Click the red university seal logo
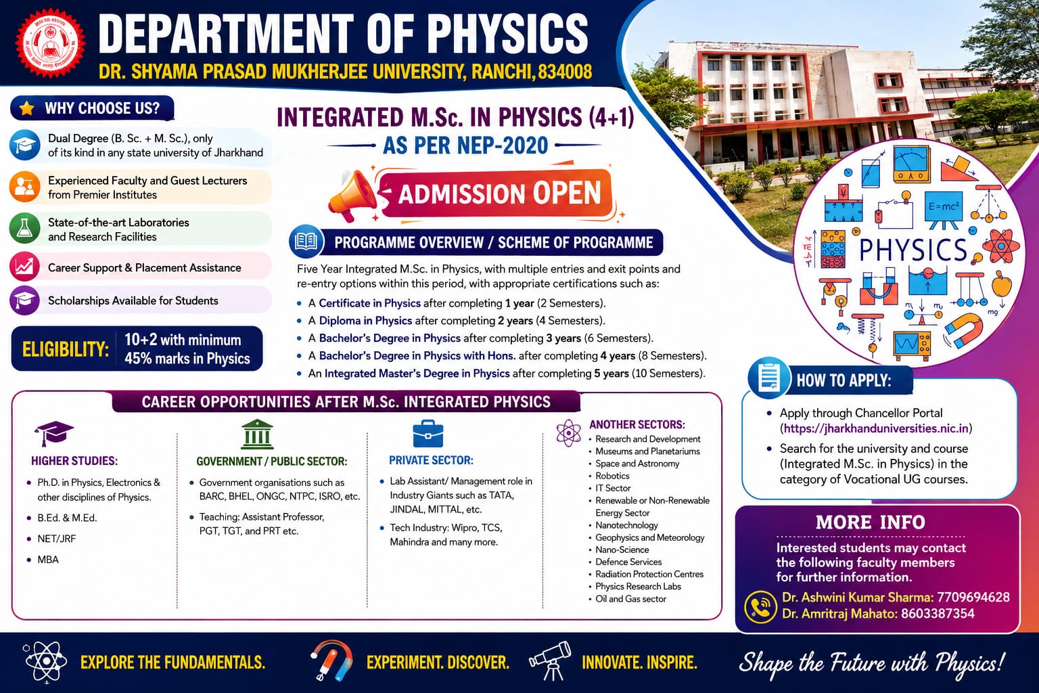(50, 43)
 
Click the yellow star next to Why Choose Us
(27, 108)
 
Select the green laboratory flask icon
(24, 228)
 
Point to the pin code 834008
(565, 72)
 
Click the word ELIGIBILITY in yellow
(66, 349)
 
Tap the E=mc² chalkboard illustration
(944, 209)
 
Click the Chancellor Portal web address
(876, 428)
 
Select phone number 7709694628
(973, 597)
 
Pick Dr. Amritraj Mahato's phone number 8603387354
(938, 614)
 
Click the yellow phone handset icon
(760, 606)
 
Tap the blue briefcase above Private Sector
(428, 434)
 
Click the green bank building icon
(257, 434)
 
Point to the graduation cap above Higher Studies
(54, 433)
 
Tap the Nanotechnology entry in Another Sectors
(626, 525)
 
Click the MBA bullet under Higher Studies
(48, 560)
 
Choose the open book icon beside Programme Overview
(306, 242)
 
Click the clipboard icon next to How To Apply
(768, 378)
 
